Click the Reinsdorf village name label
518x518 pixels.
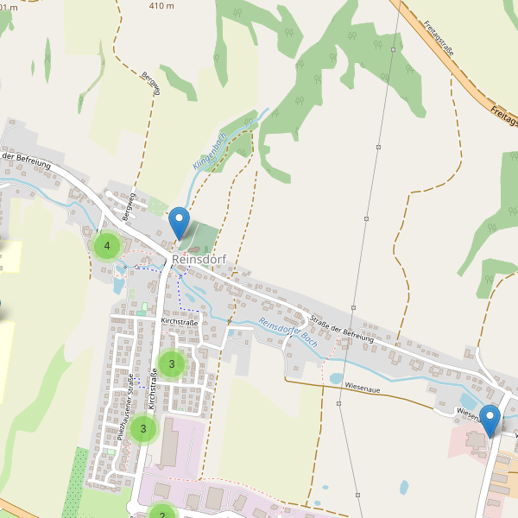199,258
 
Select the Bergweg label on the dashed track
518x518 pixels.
151,84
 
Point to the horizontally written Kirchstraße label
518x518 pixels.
180,321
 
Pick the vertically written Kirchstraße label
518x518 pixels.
153,388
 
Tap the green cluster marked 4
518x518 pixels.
107,246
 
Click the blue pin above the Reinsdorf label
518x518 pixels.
179,222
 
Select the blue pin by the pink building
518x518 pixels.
490,420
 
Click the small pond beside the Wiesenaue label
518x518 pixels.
336,378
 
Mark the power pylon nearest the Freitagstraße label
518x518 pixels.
392,50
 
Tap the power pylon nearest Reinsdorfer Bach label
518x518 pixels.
354,306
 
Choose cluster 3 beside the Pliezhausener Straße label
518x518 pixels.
143,428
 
